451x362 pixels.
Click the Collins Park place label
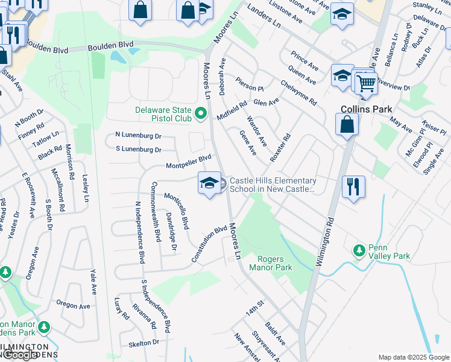point(366,109)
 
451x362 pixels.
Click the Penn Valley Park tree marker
point(359,250)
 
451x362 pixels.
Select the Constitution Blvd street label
point(209,244)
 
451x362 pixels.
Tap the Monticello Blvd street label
point(177,211)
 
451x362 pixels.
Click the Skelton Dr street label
point(143,342)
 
